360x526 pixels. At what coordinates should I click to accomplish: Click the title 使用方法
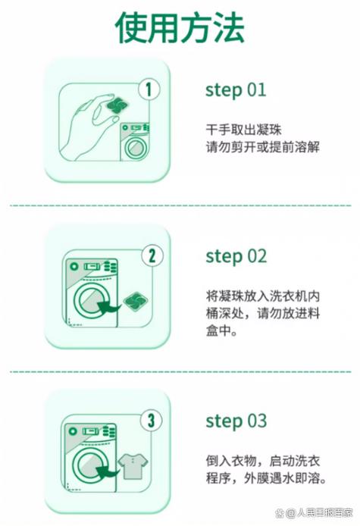180,27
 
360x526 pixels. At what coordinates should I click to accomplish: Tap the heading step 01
236,90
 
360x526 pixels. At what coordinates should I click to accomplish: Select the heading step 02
236,256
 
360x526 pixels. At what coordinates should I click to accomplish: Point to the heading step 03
236,421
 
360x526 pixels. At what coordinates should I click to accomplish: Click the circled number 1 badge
149,89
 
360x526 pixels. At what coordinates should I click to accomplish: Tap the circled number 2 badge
152,255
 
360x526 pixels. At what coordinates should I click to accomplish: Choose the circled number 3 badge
151,420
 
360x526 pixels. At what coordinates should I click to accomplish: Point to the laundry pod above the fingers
117,105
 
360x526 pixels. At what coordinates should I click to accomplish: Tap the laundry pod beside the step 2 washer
136,301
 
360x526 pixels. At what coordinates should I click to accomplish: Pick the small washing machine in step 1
135,142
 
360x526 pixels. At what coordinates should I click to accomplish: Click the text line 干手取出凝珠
243,130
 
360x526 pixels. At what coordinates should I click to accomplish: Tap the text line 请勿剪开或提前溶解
263,147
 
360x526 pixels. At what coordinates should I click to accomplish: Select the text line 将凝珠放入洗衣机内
263,296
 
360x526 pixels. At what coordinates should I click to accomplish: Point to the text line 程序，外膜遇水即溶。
266,478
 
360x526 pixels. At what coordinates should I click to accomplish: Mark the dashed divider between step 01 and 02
180,205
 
